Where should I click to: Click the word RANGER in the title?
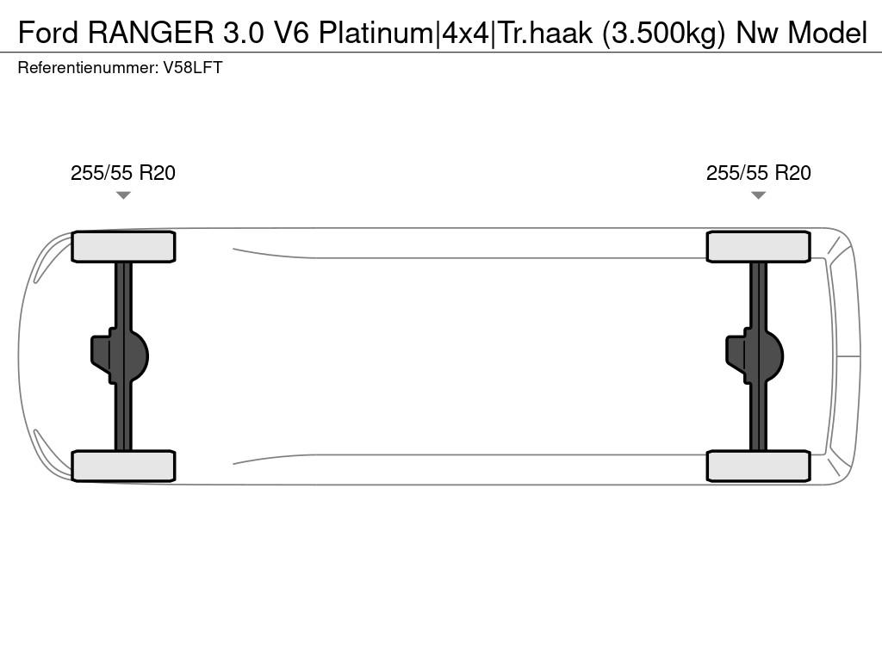pos(151,33)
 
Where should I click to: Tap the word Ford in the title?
pos(48,33)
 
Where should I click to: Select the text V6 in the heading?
pos(291,33)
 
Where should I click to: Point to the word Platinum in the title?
pos(376,33)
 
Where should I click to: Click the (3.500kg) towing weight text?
pos(664,34)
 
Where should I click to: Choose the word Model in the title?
pos(828,33)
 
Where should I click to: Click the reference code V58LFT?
pos(193,68)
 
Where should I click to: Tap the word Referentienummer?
pos(88,68)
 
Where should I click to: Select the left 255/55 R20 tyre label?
pos(123,173)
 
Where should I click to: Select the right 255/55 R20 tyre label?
pos(758,173)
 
